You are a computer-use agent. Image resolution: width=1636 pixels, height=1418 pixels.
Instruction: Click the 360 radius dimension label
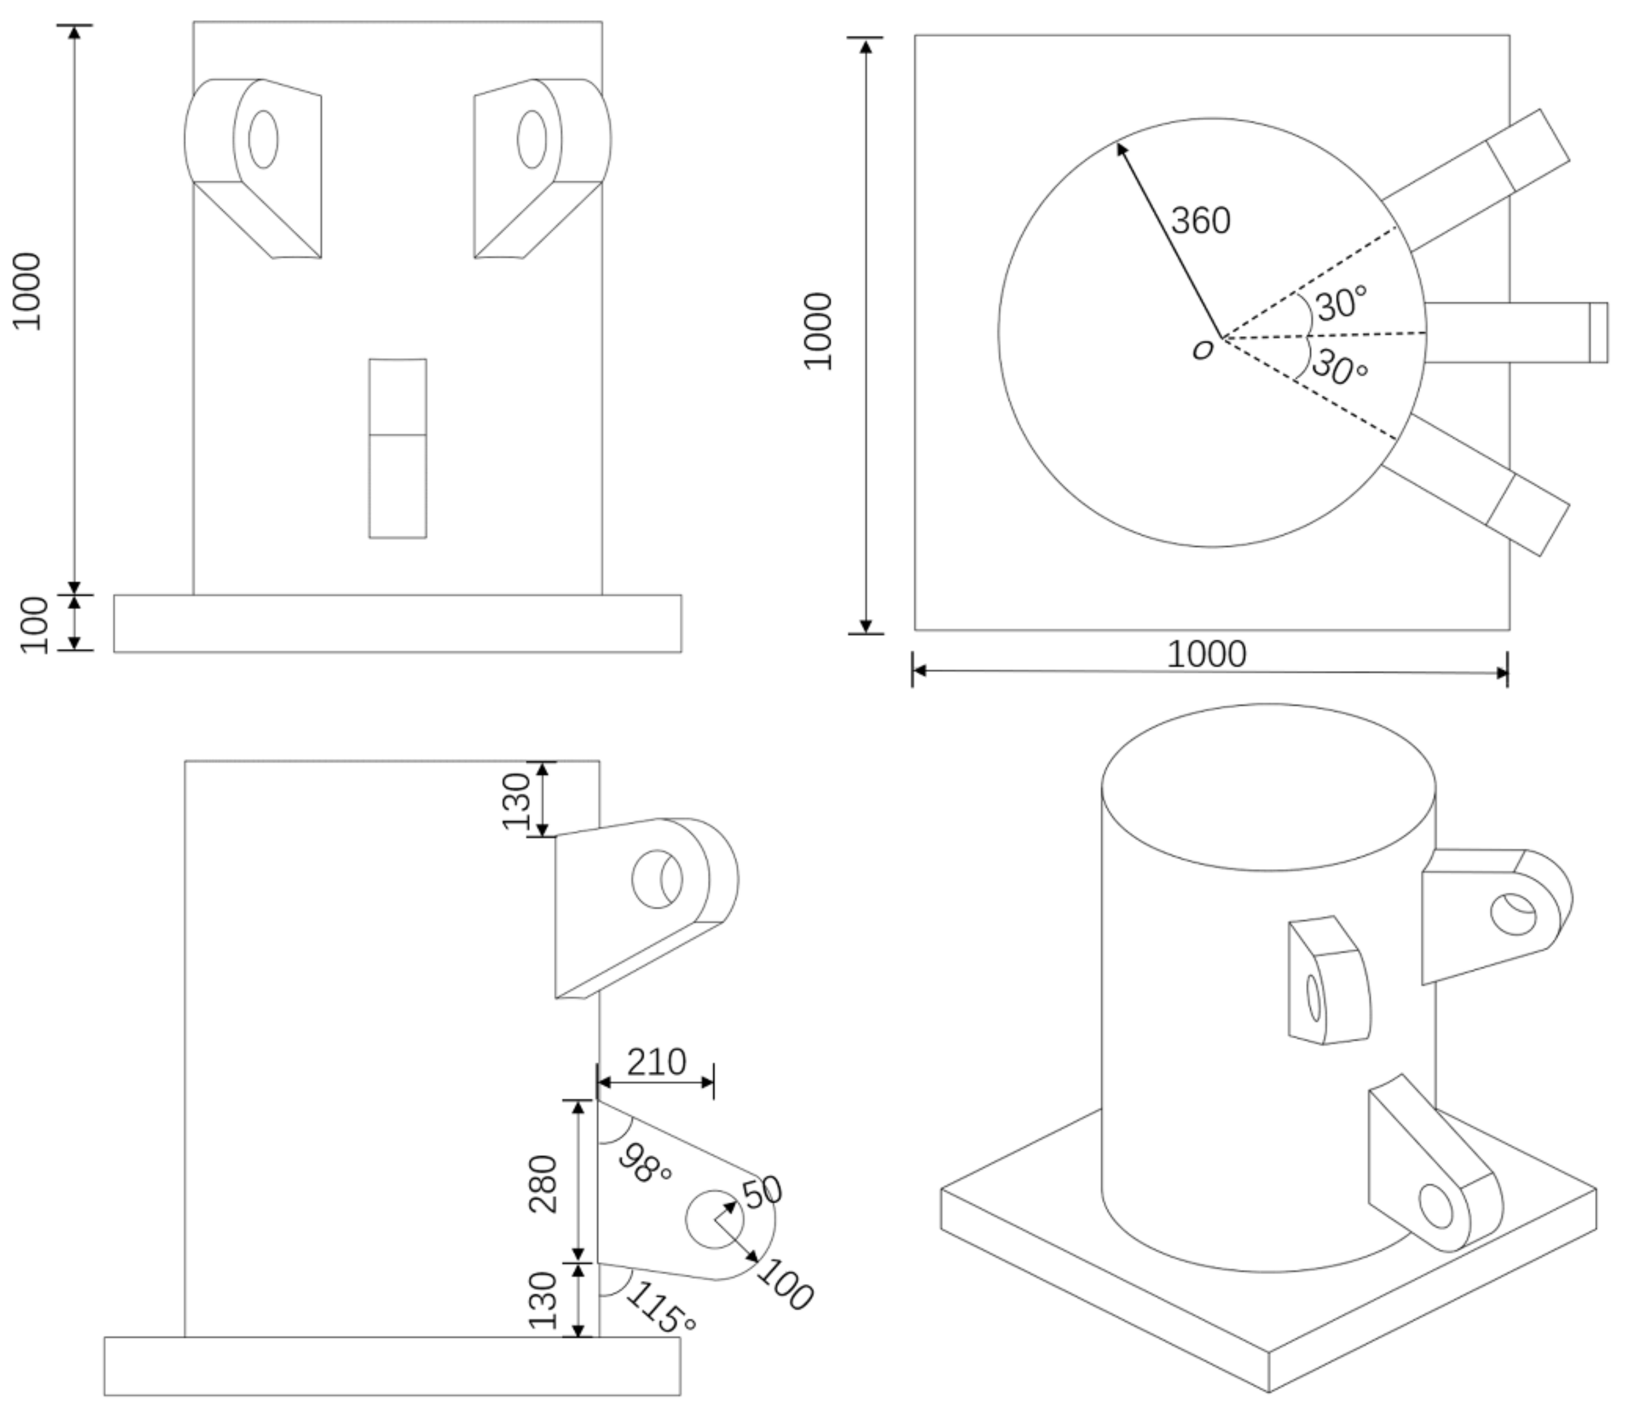pos(1200,221)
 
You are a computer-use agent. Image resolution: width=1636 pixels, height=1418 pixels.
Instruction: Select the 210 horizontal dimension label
pos(656,1062)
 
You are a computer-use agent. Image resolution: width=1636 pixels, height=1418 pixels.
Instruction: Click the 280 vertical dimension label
pos(543,1184)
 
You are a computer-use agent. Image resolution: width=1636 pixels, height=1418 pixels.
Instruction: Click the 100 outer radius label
pos(784,1284)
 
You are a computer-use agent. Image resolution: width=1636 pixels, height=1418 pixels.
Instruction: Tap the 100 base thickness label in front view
pos(35,625)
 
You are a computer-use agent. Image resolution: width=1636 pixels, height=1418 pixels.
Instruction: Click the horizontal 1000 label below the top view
pos(1207,654)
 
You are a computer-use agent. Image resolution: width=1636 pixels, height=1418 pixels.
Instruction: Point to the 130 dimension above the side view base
pos(543,1300)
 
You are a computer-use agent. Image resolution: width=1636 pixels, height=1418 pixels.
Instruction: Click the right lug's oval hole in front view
pos(532,139)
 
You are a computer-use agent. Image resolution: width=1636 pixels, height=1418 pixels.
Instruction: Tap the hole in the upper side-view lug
pos(657,879)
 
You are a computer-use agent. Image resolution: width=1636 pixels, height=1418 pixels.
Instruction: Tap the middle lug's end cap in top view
pos(1598,333)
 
